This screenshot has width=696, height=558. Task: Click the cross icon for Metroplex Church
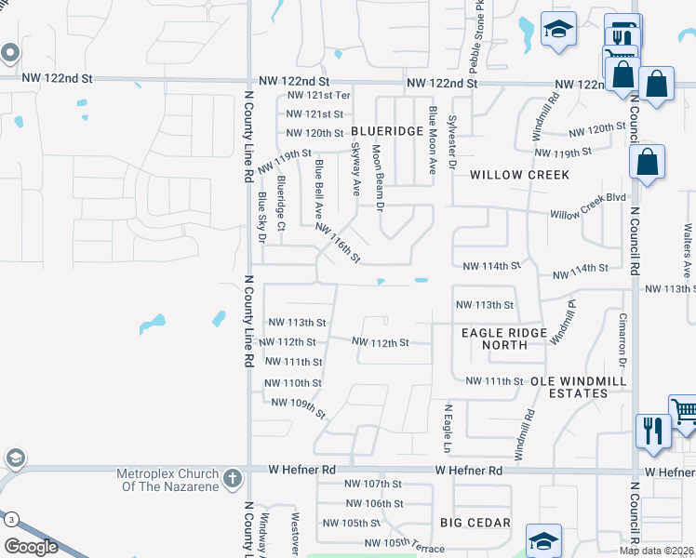click(233, 480)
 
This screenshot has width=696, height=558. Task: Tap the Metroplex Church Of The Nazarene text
click(167, 480)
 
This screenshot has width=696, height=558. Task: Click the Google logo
click(31, 546)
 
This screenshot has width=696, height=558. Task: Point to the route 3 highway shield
click(11, 519)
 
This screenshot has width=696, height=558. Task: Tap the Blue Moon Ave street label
click(432, 140)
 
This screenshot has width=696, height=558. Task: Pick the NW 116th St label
click(337, 243)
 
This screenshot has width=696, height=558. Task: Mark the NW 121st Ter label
click(318, 96)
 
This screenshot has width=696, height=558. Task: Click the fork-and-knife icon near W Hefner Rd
click(652, 431)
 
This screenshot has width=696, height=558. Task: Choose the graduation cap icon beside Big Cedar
click(544, 540)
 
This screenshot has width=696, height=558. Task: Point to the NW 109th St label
click(299, 407)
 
